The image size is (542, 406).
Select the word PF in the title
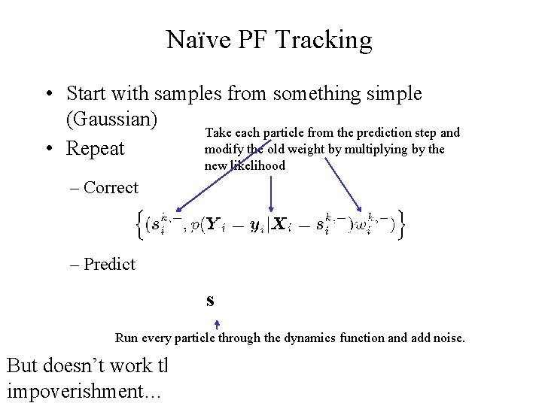coord(252,40)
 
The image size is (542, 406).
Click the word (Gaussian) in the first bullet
coord(112,120)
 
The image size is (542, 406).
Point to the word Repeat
coord(95,149)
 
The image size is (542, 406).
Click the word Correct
coord(111,188)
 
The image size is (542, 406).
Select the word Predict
coord(109,264)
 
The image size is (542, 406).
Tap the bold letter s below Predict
coord(210,301)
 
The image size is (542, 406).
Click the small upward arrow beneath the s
coord(217,324)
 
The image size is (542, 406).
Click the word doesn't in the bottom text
coord(81,366)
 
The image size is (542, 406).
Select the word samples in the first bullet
coord(190,94)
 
